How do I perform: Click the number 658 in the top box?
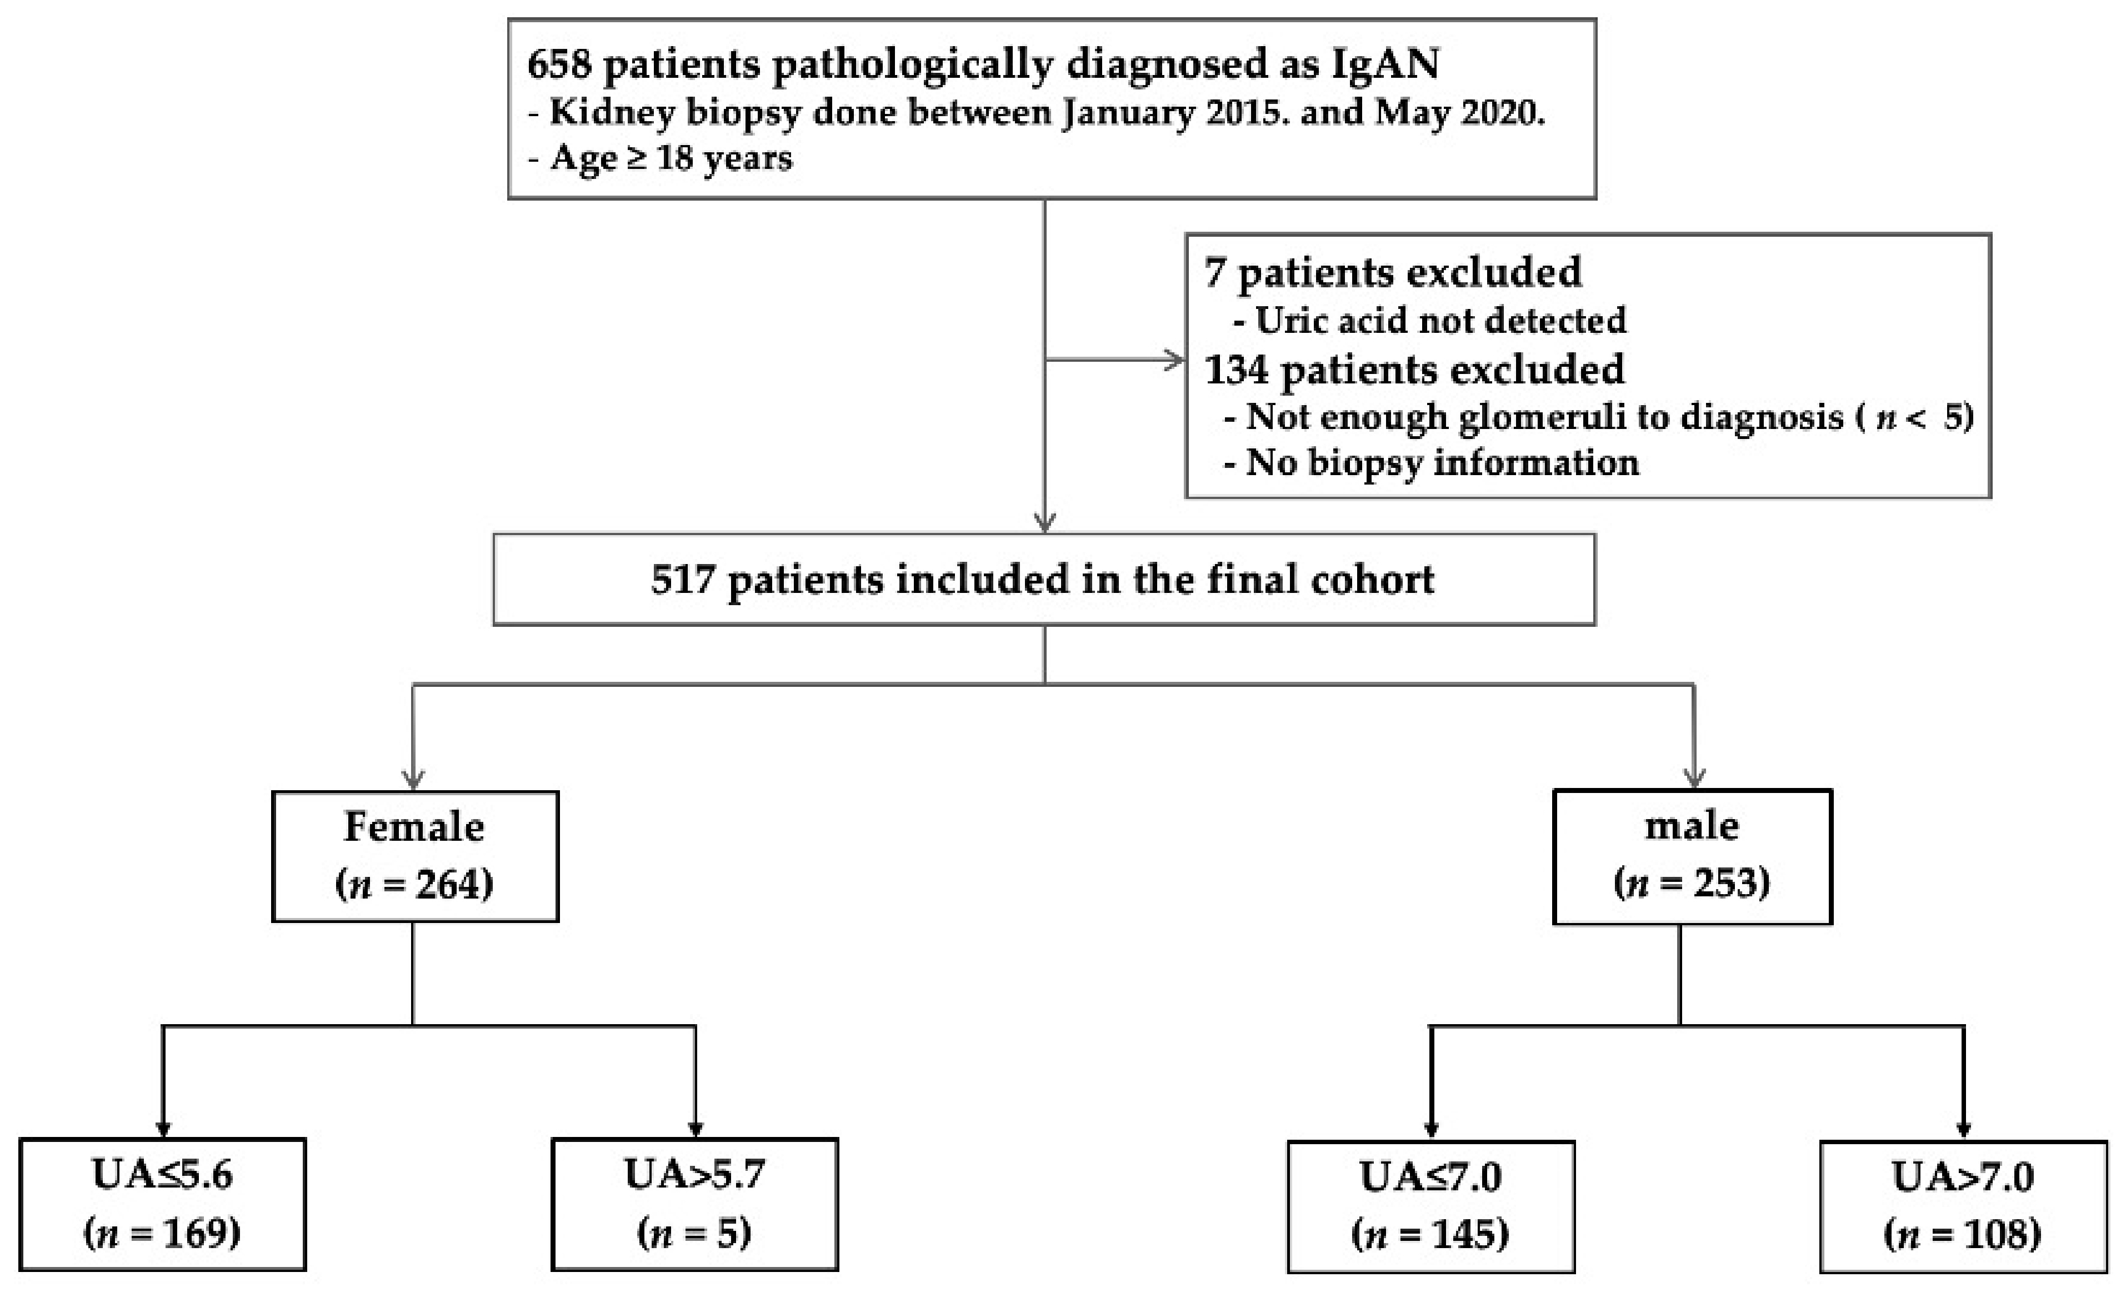(559, 64)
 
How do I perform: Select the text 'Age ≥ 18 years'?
(671, 158)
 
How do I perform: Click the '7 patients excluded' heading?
(1393, 273)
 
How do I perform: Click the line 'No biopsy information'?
(1442, 463)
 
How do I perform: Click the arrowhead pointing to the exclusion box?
(1175, 360)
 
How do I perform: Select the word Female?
(414, 827)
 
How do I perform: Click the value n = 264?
(414, 884)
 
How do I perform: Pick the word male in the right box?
(1691, 826)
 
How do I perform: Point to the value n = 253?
(1691, 882)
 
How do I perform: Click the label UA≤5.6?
(162, 1175)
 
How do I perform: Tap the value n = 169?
(162, 1233)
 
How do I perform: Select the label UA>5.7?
(694, 1175)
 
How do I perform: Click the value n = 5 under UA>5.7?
(694, 1233)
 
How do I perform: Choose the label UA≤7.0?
(1430, 1176)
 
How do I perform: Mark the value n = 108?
(1963, 1234)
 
